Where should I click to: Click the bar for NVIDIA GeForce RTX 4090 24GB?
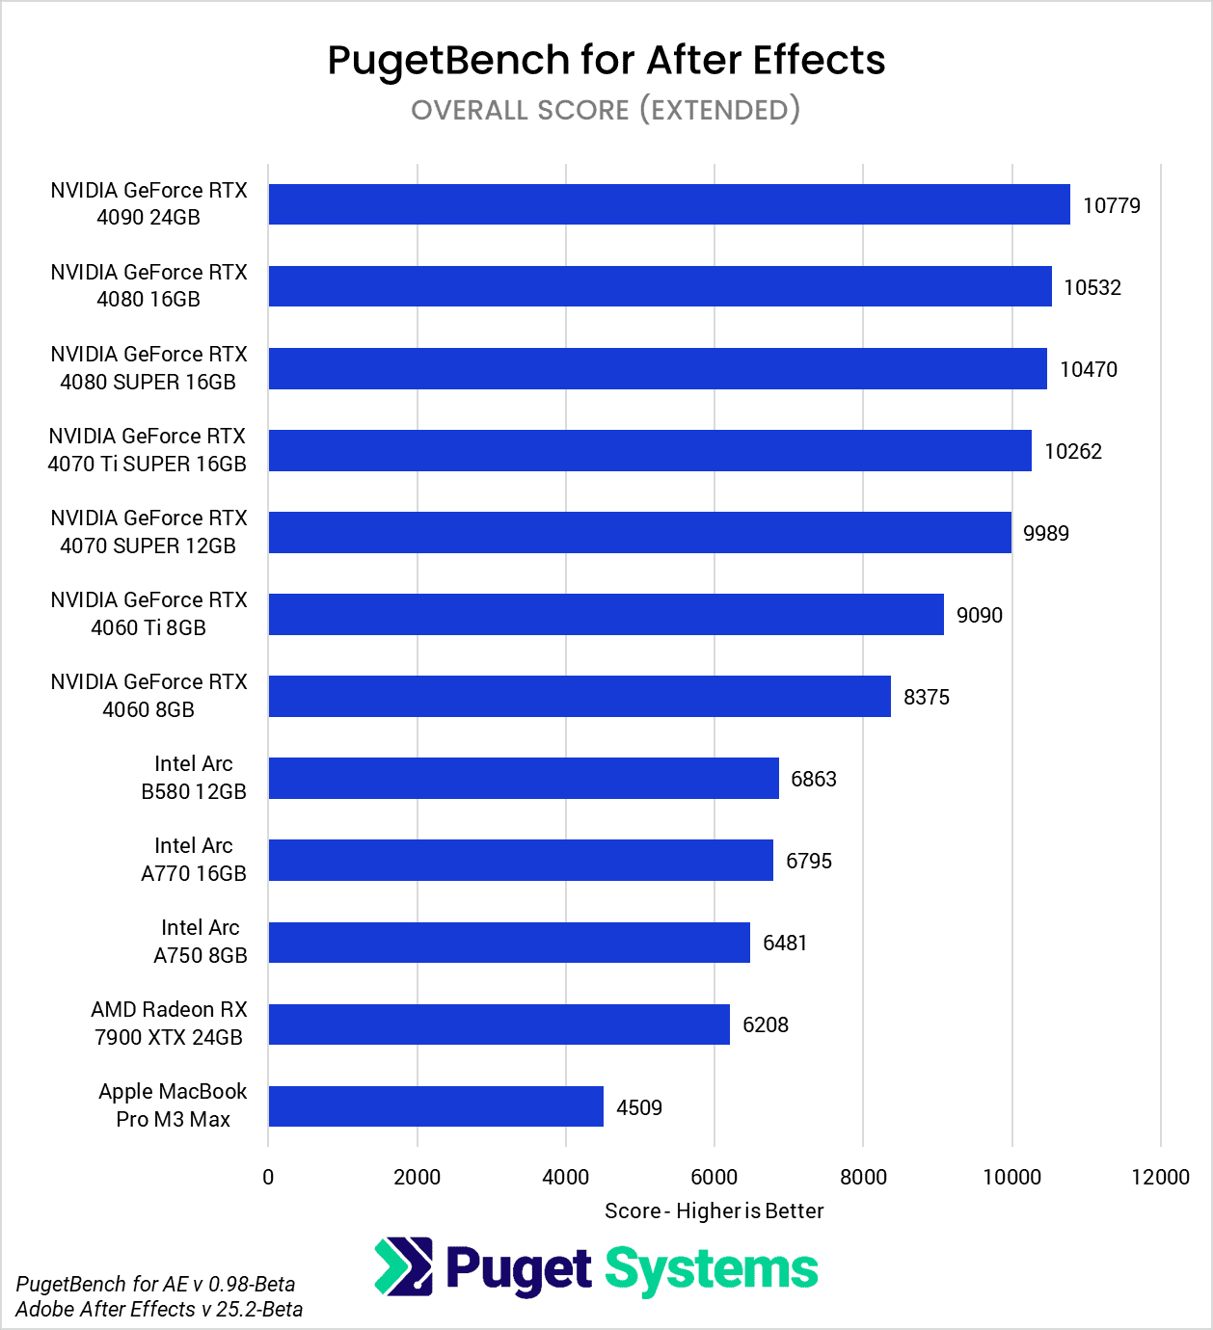pos(669,204)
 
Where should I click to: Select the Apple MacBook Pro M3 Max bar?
pos(436,1106)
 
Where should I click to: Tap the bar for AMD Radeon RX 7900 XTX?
pos(499,1024)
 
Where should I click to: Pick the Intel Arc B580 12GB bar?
pos(524,779)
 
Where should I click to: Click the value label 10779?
pos(1111,205)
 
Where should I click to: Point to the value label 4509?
pos(638,1107)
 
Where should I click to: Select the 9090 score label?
pos(979,615)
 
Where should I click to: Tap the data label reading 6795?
pos(808,861)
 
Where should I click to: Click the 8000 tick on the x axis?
pos(863,1177)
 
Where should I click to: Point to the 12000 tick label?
pos(1160,1177)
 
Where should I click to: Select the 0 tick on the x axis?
pos(268,1177)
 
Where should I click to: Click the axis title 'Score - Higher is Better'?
pos(714,1210)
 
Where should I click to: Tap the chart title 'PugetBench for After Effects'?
pos(606,60)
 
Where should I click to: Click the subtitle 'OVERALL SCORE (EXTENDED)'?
pos(606,110)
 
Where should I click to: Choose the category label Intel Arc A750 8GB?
pos(200,942)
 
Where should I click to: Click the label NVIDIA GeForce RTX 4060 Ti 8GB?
pos(148,614)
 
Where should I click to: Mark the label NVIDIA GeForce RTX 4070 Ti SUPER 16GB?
pos(148,450)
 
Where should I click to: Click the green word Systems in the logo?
pos(711,1269)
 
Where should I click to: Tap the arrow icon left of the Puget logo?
pos(403,1266)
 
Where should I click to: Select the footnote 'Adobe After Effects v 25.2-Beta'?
pos(159,1309)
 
